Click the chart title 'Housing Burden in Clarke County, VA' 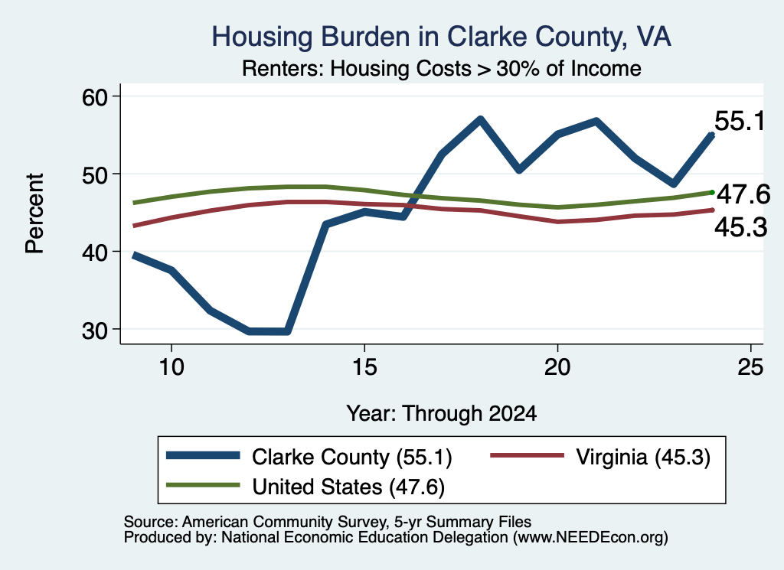point(441,37)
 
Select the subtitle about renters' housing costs point(442,68)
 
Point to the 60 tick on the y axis point(95,96)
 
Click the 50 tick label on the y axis point(95,174)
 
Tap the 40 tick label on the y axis point(95,252)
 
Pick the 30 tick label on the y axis point(95,330)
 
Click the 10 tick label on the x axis point(171,367)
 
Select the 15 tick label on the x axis point(364,367)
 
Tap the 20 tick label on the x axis point(557,367)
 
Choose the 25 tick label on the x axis point(750,367)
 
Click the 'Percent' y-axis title point(34,213)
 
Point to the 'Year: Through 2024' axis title point(442,414)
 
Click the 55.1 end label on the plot point(740,122)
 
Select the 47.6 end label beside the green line point(743,194)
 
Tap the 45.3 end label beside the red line point(740,227)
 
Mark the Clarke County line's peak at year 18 point(480,119)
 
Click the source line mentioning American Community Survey point(328,522)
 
